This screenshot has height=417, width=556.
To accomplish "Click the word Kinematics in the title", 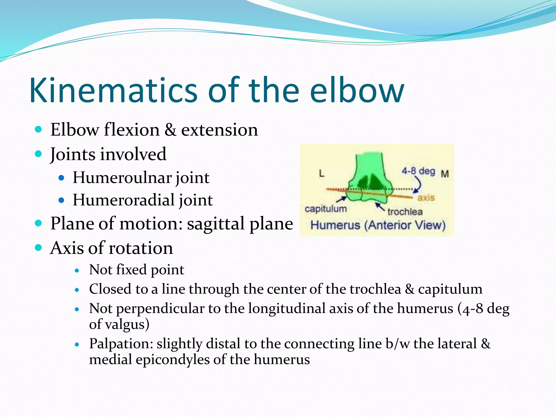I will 113,90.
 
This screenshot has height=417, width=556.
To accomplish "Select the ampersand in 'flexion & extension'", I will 170,130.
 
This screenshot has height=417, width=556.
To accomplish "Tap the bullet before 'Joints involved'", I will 39,154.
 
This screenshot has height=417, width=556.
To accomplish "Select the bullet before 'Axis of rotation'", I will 39,247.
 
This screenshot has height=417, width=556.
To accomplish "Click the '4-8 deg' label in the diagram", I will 418,171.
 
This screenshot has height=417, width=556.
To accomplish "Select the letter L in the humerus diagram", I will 321,173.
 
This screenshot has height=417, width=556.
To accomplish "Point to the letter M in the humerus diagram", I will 445,173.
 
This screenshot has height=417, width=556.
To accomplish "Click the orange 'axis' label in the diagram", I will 426,197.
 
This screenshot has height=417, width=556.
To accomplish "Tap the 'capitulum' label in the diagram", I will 326,209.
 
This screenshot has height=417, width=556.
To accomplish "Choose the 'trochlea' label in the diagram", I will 405,211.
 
